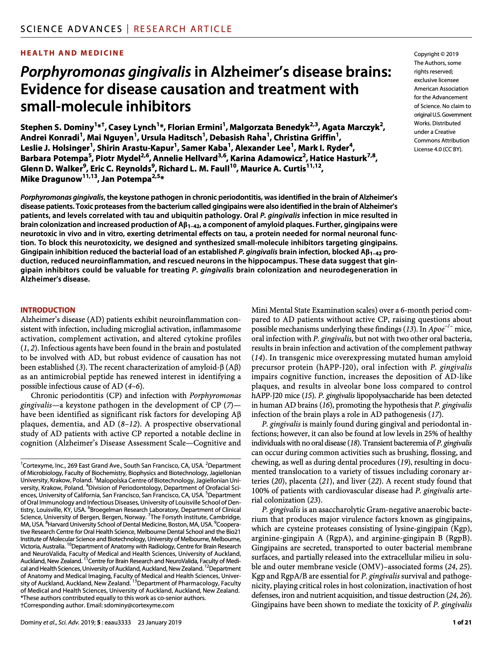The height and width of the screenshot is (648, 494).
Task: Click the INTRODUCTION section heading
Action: click(48, 310)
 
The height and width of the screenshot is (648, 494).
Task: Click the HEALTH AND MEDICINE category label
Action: click(72, 53)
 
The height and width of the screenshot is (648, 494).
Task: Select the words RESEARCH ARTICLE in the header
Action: click(183, 29)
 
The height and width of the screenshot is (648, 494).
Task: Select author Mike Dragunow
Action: click(51, 179)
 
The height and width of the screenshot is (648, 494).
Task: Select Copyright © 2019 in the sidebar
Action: click(436, 54)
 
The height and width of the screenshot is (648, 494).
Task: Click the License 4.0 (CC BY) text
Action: click(438, 149)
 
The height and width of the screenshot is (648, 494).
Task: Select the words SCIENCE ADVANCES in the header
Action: click(71, 29)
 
